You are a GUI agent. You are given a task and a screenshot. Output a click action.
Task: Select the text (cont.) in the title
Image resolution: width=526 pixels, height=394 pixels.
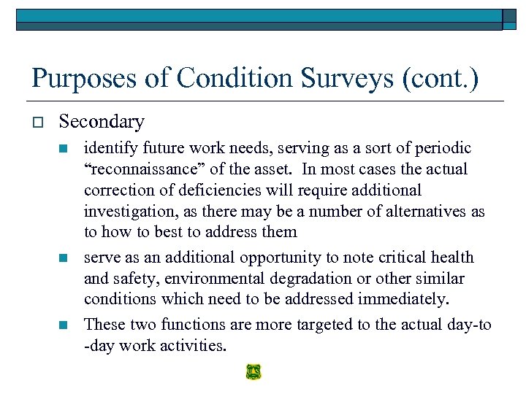(x=441, y=78)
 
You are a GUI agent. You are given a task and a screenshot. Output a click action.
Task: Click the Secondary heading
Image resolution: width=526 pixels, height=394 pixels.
(x=102, y=121)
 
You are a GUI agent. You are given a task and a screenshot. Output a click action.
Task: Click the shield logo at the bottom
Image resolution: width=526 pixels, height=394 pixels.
(x=254, y=372)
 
